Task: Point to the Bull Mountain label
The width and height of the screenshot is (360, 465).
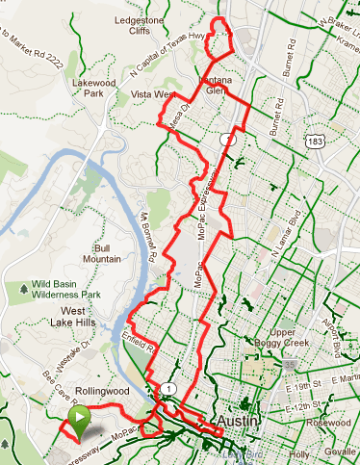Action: (101, 252)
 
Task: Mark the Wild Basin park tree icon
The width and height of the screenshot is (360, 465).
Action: (23, 288)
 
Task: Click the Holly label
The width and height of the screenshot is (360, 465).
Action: (299, 452)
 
